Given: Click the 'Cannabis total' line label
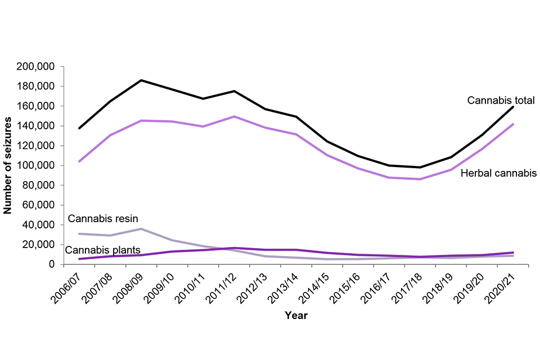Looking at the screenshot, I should [501, 101].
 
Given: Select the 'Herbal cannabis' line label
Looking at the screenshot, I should [498, 173].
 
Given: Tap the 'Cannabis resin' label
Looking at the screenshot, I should [103, 218].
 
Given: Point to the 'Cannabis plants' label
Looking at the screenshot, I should [103, 250].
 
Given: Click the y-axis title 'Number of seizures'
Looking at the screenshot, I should [8, 165].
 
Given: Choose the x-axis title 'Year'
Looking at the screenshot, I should [296, 316].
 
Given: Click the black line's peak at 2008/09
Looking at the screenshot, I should [141, 80].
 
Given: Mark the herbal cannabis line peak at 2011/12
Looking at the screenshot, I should [234, 116].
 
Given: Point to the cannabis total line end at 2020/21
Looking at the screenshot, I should [513, 107].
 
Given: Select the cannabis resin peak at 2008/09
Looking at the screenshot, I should [141, 229].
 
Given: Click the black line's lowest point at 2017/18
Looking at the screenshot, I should [420, 167].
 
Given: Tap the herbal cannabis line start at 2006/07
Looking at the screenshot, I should [79, 161].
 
